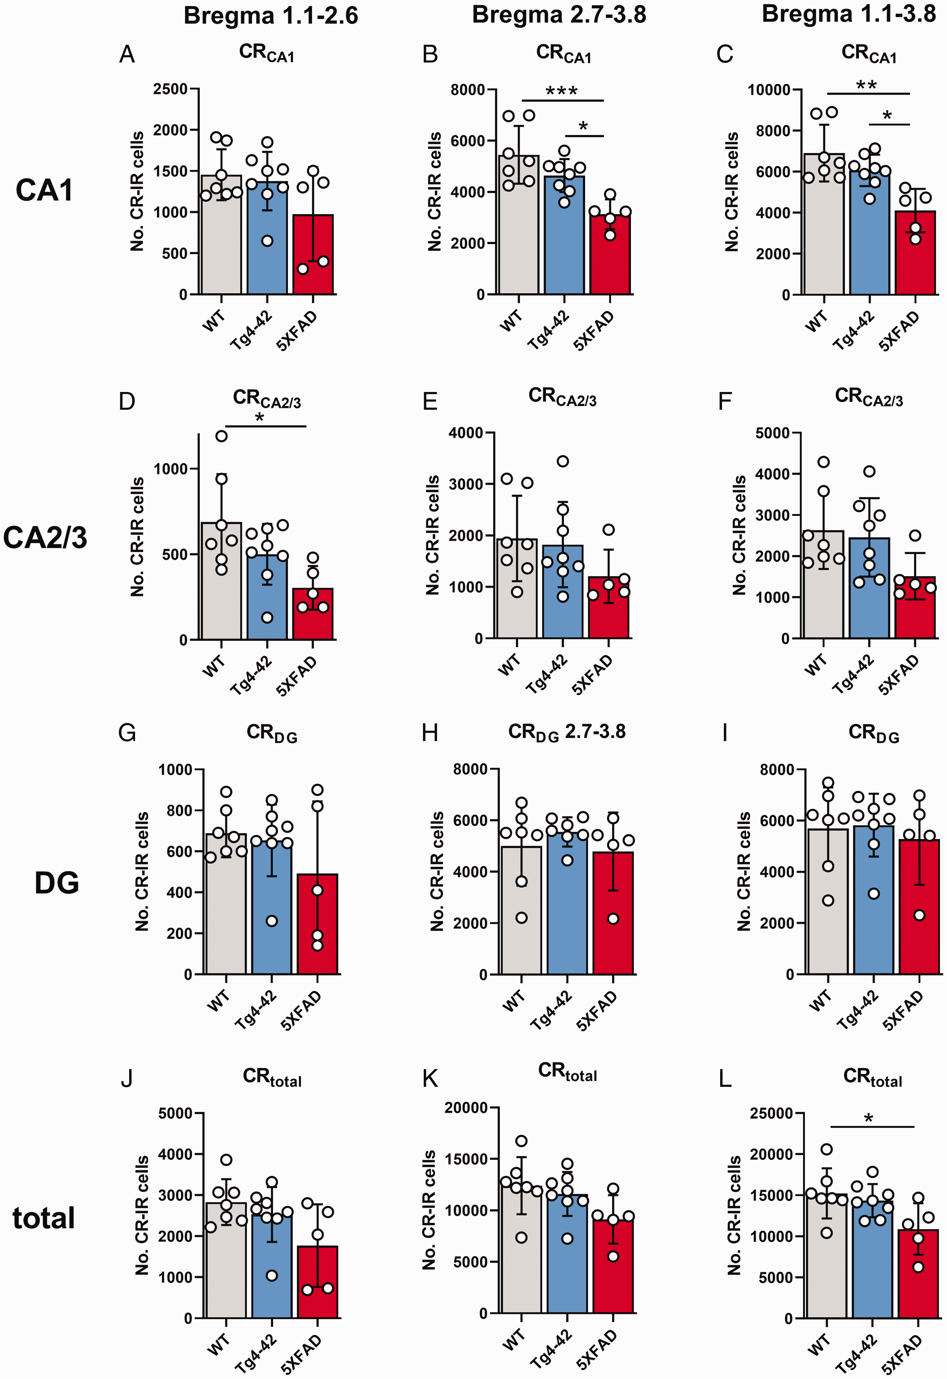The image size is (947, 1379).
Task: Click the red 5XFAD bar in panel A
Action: [x=313, y=254]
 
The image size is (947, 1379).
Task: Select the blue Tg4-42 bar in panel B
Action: [x=564, y=235]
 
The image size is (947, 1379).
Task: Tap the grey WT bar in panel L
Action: [x=826, y=1256]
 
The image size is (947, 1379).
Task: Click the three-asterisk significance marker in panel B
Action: [x=562, y=91]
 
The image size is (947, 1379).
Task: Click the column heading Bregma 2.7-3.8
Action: [x=559, y=15]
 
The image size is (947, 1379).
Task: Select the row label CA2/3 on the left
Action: [x=45, y=538]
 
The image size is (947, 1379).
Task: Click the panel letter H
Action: [x=430, y=733]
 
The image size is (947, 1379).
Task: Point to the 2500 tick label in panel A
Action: [x=170, y=89]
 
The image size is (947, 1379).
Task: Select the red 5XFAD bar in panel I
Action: [x=919, y=907]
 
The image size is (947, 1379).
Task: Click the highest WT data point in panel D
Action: [x=221, y=436]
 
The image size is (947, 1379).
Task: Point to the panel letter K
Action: [x=430, y=1078]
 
